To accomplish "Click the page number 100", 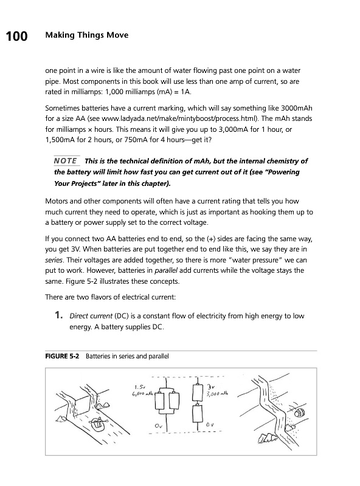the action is tap(17, 36).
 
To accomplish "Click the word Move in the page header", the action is tap(117, 35).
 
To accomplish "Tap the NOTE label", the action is tap(66, 161).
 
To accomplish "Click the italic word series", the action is tap(54, 260).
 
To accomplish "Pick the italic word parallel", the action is tap(166, 270).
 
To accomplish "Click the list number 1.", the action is tap(58, 315).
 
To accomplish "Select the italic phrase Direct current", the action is tap(91, 316).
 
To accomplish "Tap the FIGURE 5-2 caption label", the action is tap(62, 356).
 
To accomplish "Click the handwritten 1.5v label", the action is tap(140, 387).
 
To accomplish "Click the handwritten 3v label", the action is tap(211, 387).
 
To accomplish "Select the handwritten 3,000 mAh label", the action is tap(217, 394).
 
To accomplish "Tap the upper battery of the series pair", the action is tap(198, 392).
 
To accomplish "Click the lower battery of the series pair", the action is tap(198, 414).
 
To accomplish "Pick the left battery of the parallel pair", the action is tap(160, 402).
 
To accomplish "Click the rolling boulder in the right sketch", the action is tap(300, 412).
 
